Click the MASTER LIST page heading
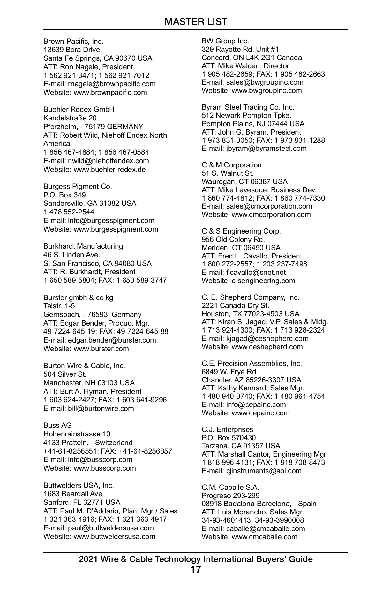pyautogui.click(x=196, y=22)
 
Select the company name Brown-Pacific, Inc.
pyautogui.click(x=73, y=41)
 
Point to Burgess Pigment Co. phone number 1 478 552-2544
pyautogui.click(x=69, y=212)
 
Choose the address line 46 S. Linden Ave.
pyautogui.click(x=72, y=255)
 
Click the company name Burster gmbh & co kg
pyautogui.click(x=78, y=298)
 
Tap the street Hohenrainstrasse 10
pyautogui.click(x=77, y=434)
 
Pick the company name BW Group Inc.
pyautogui.click(x=225, y=41)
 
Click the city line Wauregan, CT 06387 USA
pyautogui.click(x=244, y=182)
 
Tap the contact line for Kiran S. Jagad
pyautogui.click(x=265, y=322)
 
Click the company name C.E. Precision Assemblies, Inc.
pyautogui.click(x=252, y=363)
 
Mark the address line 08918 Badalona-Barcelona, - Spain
pyautogui.click(x=259, y=504)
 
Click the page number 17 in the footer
pyautogui.click(x=196, y=570)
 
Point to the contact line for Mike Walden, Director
pyautogui.click(x=245, y=66)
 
